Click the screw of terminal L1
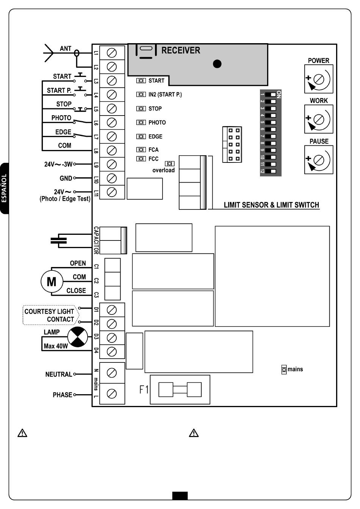click(112, 53)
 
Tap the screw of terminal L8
click(112, 150)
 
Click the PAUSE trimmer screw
click(319, 160)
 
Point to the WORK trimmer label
click(319, 101)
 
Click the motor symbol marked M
click(52, 282)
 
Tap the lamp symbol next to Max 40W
click(78, 337)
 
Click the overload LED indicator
click(170, 164)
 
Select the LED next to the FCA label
click(141, 150)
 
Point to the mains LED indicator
click(284, 370)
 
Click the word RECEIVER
click(181, 50)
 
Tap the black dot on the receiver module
click(217, 64)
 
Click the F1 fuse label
click(144, 390)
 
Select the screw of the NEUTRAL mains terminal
click(112, 373)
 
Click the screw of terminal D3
click(112, 338)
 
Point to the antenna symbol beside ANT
click(49, 53)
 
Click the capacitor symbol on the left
click(59, 240)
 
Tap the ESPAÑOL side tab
click(4, 188)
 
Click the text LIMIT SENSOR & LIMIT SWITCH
click(271, 205)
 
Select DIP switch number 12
click(271, 171)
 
